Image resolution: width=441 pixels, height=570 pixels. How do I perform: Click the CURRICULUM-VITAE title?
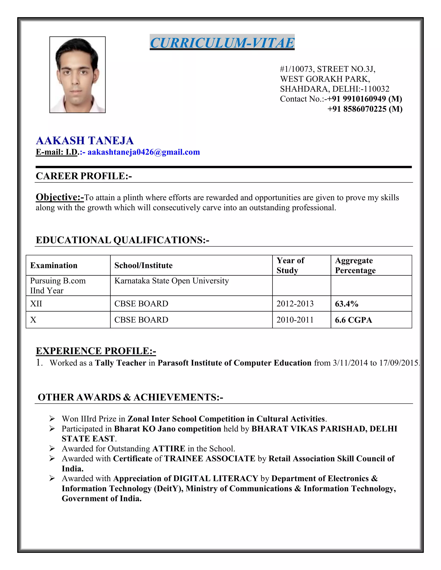pyautogui.click(x=222, y=43)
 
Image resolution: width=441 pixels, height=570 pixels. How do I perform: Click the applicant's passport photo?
pyautogui.click(x=78, y=75)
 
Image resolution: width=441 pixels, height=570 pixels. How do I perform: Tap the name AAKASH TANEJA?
pyautogui.click(x=85, y=141)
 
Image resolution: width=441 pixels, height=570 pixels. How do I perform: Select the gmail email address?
pyautogui.click(x=144, y=152)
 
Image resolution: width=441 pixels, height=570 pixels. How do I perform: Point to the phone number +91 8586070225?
pyautogui.click(x=365, y=109)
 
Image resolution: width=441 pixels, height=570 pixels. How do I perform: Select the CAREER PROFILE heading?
pyautogui.click(x=84, y=176)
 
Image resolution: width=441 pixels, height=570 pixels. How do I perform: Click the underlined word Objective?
pyautogui.click(x=60, y=197)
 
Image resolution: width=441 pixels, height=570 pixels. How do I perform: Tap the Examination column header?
pyautogui.click(x=54, y=265)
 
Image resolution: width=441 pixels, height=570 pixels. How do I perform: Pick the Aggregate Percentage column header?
pyautogui.click(x=355, y=265)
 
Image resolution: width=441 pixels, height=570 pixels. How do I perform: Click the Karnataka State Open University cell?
pyautogui.click(x=172, y=281)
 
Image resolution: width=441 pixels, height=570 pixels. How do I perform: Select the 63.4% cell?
pyautogui.click(x=346, y=304)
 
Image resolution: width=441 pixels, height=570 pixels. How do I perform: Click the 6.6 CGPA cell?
pyautogui.click(x=353, y=320)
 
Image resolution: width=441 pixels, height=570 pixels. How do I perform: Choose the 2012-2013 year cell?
pyautogui.click(x=295, y=304)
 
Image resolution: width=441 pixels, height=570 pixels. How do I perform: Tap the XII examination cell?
pyautogui.click(x=36, y=304)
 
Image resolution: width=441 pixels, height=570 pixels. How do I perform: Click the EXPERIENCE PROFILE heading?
pyautogui.click(x=96, y=351)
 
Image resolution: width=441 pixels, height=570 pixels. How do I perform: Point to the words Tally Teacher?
pyautogui.click(x=120, y=363)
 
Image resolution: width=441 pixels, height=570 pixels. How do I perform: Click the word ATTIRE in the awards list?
pyautogui.click(x=169, y=449)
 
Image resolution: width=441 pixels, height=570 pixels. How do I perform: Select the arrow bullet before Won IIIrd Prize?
pyautogui.click(x=52, y=419)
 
